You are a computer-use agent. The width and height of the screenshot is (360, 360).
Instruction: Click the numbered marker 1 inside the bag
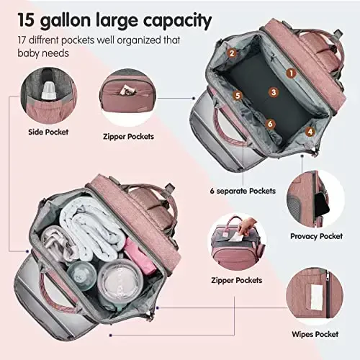(x=291, y=72)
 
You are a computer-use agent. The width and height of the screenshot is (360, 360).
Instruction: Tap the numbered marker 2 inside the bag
(x=232, y=53)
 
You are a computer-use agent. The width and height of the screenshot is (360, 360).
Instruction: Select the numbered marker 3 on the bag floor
(x=273, y=91)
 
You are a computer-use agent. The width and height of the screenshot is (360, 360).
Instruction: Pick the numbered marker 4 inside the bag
(x=310, y=131)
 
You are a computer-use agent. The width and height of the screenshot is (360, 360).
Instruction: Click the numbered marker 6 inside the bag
(x=269, y=124)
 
